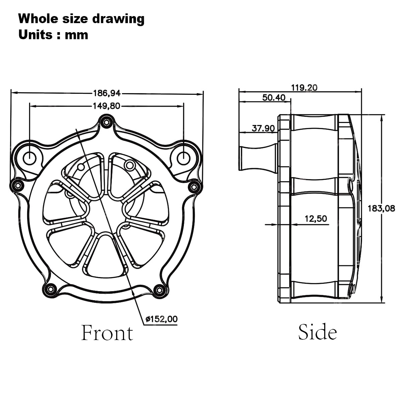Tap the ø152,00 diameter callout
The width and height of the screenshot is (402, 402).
(161, 319)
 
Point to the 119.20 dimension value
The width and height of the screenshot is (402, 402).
(304, 88)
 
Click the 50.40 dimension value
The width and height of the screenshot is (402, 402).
(274, 97)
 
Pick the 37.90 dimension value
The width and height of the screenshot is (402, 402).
(263, 128)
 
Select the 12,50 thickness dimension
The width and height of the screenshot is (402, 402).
(316, 219)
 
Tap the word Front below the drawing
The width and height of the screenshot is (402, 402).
(107, 333)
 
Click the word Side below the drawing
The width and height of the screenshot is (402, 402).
(318, 332)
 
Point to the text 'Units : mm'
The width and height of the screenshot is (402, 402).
(53, 35)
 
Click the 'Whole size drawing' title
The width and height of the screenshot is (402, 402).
(81, 19)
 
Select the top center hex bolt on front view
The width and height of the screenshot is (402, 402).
(107, 122)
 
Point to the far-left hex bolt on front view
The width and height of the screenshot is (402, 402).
(17, 185)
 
